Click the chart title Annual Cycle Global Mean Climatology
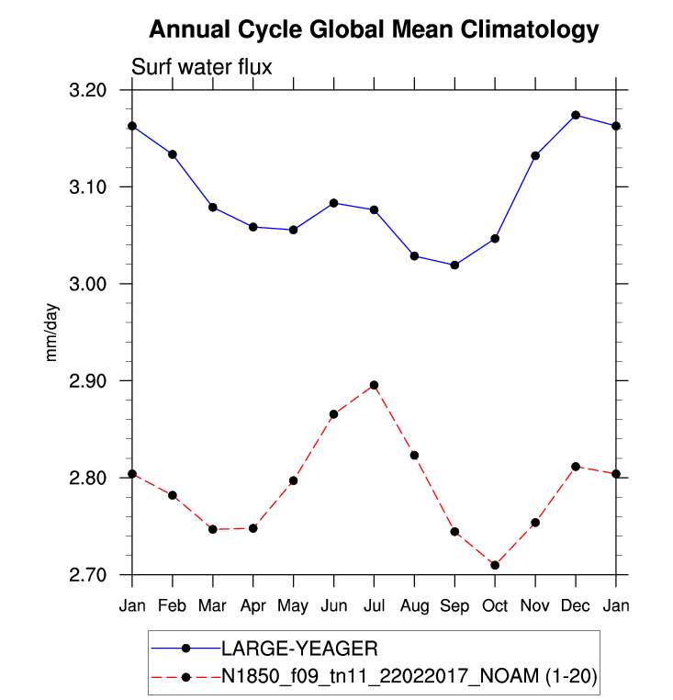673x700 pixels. click(374, 29)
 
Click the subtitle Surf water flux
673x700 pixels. click(202, 66)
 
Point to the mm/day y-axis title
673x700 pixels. click(52, 332)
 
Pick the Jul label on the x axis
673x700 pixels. click(374, 606)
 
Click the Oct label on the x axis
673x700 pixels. click(495, 606)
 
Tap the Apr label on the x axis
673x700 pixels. click(252, 606)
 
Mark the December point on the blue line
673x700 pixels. click(576, 115)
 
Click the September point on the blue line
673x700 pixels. click(454, 265)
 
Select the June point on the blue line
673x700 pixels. click(333, 203)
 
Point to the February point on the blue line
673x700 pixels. click(173, 154)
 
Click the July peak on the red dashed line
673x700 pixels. click(374, 385)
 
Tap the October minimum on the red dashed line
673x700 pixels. click(495, 565)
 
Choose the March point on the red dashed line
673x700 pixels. click(213, 529)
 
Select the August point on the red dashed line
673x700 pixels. click(414, 456)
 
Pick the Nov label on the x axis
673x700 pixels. click(535, 606)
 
